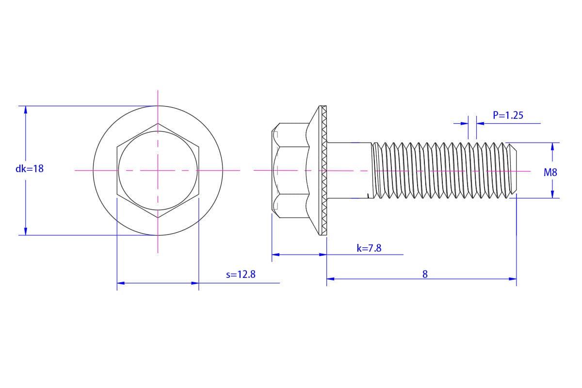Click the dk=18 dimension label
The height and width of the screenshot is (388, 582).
point(30,169)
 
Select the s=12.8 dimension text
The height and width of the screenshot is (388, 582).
point(241,275)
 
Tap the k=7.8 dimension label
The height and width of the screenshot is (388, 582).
point(369,248)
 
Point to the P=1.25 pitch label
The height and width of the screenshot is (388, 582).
point(508,115)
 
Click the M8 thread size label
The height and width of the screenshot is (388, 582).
point(550,173)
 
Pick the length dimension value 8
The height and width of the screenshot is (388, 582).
point(425,274)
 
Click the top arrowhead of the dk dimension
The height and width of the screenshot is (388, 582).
point(26,110)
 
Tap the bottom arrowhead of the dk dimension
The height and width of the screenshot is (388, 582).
point(26,231)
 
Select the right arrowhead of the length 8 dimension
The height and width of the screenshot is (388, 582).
point(513,279)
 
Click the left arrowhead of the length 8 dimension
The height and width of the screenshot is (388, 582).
point(330,279)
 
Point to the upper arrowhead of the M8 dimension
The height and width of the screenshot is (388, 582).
point(552,146)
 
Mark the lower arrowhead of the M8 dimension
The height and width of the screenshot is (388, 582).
point(552,194)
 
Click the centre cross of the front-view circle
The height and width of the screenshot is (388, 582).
point(158,171)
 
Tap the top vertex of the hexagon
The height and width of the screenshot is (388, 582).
point(158,123)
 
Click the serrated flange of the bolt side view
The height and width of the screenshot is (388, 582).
point(324,171)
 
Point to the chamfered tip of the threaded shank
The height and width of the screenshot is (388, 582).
point(513,171)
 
